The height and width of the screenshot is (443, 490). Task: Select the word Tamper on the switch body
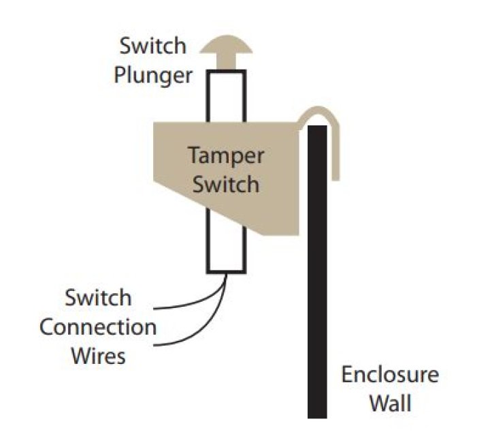[225, 155]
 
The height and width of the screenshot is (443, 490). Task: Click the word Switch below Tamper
[225, 184]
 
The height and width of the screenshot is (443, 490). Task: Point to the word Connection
[98, 326]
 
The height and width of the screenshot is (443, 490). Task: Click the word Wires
[99, 355]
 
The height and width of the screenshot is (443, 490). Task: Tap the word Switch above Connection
[99, 298]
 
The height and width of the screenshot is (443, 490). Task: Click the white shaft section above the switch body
[225, 95]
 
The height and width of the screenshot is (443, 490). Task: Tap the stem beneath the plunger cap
[225, 63]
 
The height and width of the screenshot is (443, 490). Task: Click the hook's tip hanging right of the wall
[336, 174]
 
